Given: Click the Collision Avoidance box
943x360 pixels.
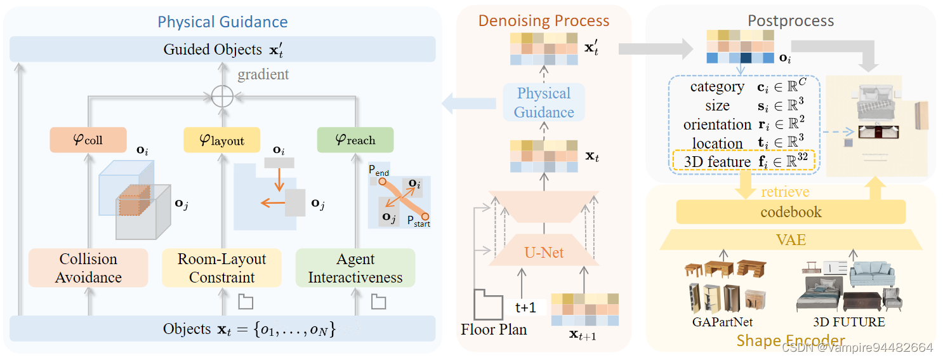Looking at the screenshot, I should click(x=88, y=268).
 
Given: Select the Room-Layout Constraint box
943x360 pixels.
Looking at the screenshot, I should click(x=221, y=268).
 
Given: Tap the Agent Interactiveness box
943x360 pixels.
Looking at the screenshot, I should click(x=355, y=268).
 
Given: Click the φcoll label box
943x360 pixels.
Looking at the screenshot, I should click(x=88, y=140).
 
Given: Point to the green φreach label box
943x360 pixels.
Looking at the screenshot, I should click(x=355, y=140).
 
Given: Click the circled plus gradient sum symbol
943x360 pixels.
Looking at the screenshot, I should click(x=222, y=97).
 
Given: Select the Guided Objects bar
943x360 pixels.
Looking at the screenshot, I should click(x=222, y=49).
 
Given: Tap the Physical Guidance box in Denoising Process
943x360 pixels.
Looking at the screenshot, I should click(x=544, y=103).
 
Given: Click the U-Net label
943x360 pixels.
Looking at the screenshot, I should click(x=544, y=253).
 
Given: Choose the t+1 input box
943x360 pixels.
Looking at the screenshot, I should click(x=525, y=307).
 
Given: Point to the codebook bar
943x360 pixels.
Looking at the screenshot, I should click(x=791, y=211).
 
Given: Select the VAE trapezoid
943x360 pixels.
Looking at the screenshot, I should click(x=791, y=239).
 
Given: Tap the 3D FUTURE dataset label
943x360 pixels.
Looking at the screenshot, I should click(x=849, y=322).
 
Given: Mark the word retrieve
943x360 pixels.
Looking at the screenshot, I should click(x=785, y=191).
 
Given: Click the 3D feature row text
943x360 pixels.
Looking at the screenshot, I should click(x=717, y=162).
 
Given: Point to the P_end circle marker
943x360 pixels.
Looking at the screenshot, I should click(x=383, y=182).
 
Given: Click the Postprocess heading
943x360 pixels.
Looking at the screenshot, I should click(x=791, y=20).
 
